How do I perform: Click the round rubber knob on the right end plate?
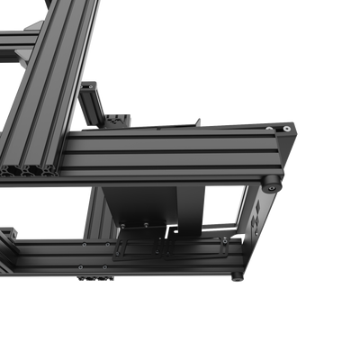pyautogui.click(x=270, y=183)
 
